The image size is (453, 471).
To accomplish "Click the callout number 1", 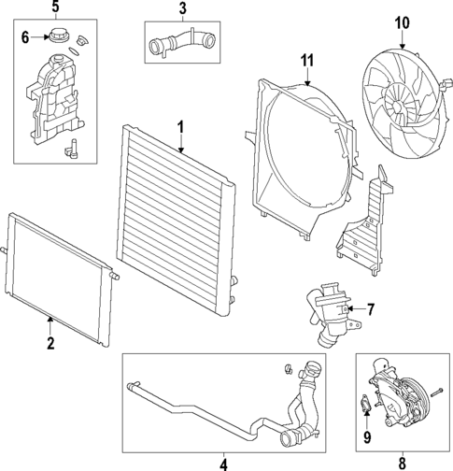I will click(180, 126).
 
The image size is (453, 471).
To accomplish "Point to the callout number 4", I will click(223, 463).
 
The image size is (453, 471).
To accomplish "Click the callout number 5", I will click(54, 7).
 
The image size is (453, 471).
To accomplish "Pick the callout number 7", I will click(370, 308).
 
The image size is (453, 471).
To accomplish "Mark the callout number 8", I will click(402, 463).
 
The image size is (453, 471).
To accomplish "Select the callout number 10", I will click(402, 21).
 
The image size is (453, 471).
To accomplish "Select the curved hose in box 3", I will click(181, 42).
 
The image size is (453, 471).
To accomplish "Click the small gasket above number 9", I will click(364, 405).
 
